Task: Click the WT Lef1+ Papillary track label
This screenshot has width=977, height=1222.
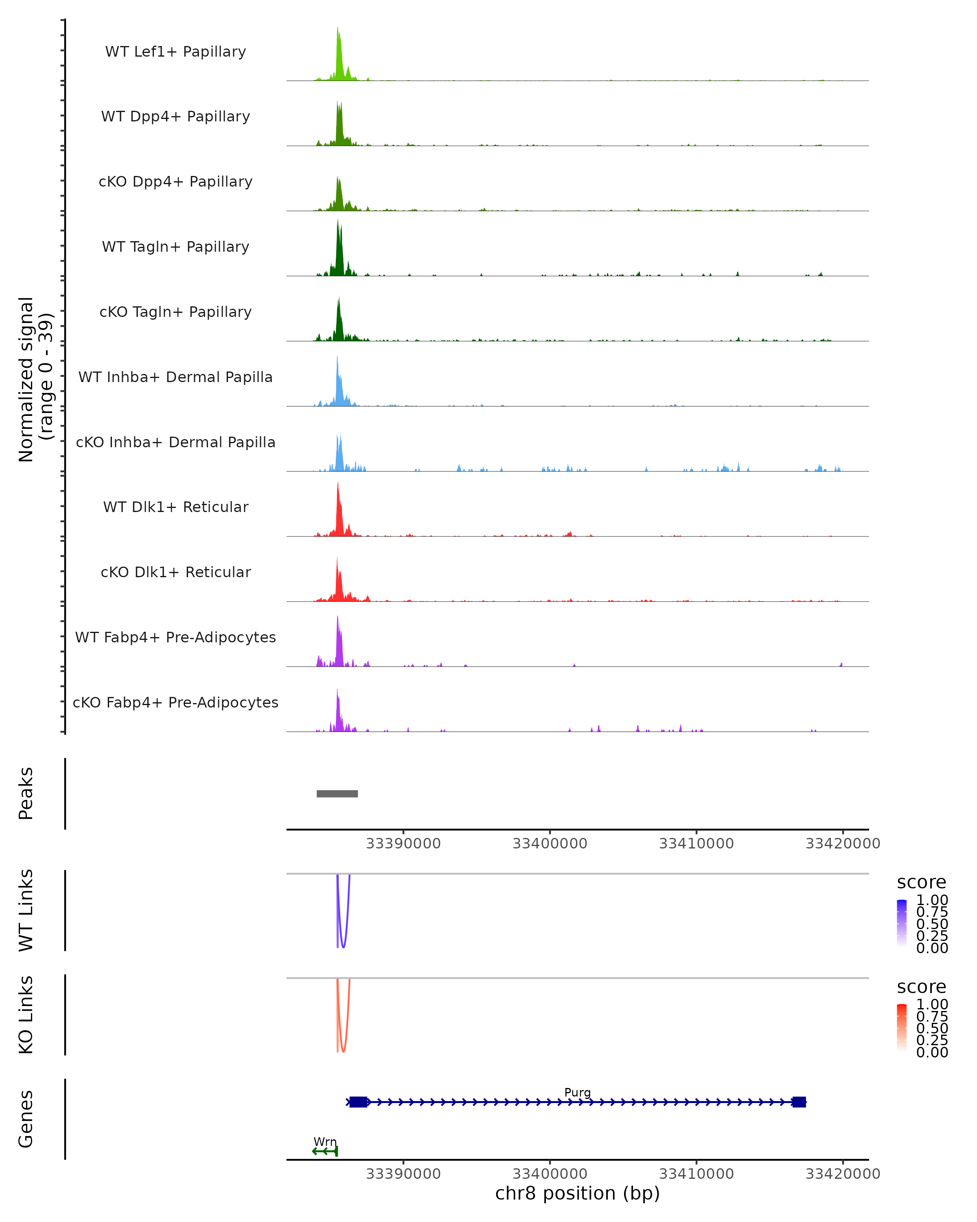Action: click(x=175, y=52)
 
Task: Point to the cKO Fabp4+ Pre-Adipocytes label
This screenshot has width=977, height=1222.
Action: click(x=175, y=702)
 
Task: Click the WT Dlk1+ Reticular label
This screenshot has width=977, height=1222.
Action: click(x=175, y=507)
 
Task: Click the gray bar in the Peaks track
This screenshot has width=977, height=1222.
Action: click(x=337, y=793)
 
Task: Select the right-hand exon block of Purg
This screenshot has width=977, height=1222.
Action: click(x=799, y=1102)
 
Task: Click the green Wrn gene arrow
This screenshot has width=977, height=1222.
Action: click(x=324, y=1151)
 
